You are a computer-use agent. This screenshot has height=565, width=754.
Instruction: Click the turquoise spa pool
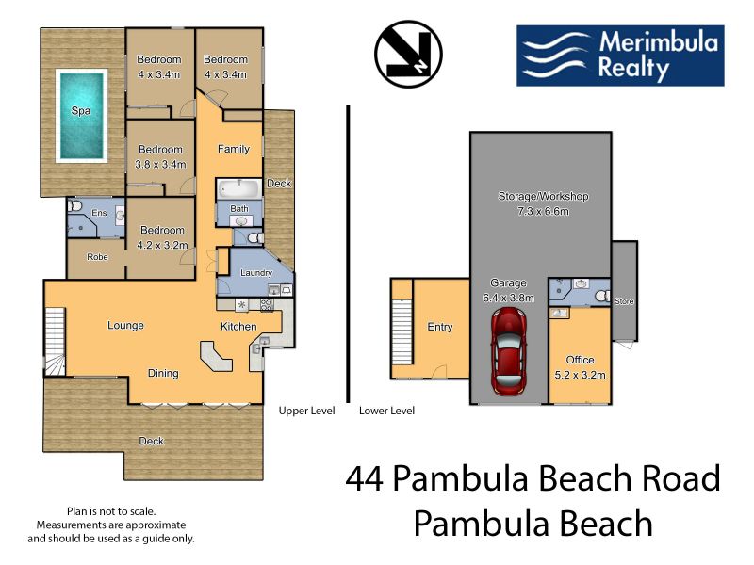(x=81, y=115)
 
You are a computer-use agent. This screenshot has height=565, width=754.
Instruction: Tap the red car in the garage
(x=508, y=350)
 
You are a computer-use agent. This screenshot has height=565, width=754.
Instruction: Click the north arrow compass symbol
(x=408, y=54)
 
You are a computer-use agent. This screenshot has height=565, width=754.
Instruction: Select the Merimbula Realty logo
(x=620, y=56)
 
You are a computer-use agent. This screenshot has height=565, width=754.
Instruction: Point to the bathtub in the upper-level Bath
(x=239, y=188)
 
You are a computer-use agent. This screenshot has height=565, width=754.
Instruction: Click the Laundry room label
(x=256, y=273)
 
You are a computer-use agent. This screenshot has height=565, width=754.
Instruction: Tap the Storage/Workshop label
(x=544, y=196)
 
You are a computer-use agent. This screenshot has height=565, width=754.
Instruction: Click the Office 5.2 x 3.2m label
(x=580, y=367)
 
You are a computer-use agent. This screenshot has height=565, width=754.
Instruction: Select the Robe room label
(x=97, y=257)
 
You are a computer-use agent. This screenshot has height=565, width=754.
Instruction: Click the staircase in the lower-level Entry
(x=403, y=331)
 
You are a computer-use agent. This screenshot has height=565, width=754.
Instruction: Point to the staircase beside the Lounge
(x=56, y=341)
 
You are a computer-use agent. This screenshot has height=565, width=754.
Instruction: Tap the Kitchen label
(x=238, y=327)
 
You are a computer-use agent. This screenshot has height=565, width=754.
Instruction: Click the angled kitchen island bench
(x=216, y=356)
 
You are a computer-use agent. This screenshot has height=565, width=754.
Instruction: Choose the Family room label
(x=234, y=149)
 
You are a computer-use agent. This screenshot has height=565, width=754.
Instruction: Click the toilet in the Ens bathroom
(x=74, y=206)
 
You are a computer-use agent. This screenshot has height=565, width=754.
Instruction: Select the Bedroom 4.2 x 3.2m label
(x=162, y=237)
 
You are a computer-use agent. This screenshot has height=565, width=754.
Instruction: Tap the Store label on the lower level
(x=624, y=301)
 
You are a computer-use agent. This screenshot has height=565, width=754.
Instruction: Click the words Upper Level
(x=307, y=411)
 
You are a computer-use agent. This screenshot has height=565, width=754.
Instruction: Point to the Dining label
(x=163, y=373)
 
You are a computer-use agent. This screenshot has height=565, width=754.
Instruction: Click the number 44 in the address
(x=365, y=478)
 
